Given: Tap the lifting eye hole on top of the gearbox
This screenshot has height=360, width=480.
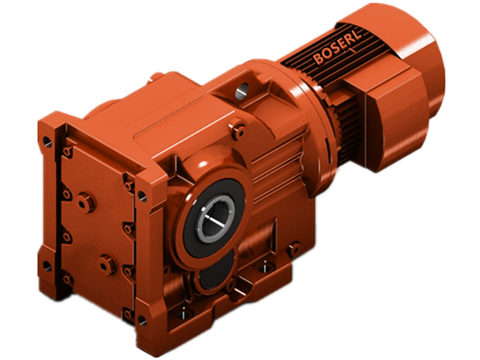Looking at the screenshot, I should pyautogui.click(x=242, y=92).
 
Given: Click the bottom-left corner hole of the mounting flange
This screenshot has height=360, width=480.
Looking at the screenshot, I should pyautogui.click(x=47, y=265).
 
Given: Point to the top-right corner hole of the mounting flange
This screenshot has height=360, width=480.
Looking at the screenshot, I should pyautogui.click(x=142, y=196).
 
